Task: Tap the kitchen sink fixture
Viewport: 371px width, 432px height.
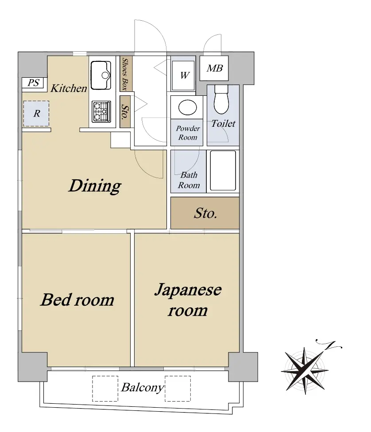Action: coord(101,75)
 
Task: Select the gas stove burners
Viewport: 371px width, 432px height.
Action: coord(101,112)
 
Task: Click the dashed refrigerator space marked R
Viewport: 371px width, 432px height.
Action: coord(36,114)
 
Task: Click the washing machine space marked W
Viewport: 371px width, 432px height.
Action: coord(183,75)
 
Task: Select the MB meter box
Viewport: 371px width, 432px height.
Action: coord(214,68)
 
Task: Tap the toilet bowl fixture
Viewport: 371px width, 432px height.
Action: coord(221,99)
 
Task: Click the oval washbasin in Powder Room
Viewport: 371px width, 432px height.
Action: coord(187,107)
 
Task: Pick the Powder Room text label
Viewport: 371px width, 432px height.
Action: coord(188,133)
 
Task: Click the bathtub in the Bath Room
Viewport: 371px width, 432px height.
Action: coord(223,171)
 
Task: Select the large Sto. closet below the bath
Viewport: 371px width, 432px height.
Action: coord(205,213)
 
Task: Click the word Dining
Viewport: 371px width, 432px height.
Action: coord(95,186)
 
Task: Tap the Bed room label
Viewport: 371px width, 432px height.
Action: coord(77,300)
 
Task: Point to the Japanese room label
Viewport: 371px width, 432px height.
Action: coord(188,300)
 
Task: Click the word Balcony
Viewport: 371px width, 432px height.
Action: coord(143,387)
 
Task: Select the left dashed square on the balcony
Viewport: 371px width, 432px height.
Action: coord(105,388)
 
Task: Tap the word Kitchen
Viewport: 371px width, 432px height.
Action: coord(69,88)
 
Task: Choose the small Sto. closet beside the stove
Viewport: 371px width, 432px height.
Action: coord(125,112)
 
